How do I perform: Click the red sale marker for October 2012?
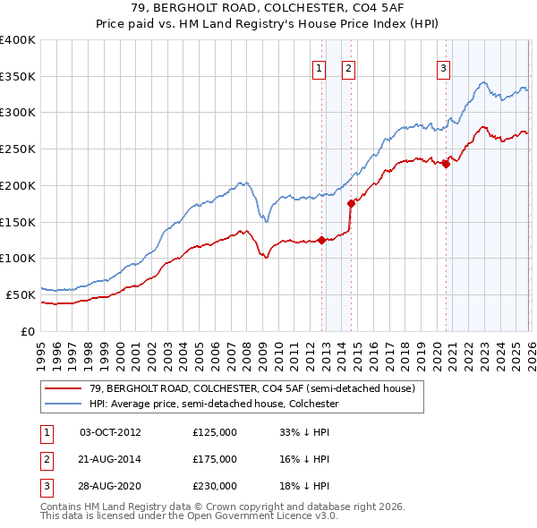[321, 240]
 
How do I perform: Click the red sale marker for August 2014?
[351, 203]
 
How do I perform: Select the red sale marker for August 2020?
[446, 163]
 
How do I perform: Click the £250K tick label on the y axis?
[18, 149]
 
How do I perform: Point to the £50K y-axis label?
[21, 294]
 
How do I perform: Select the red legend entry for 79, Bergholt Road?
[251, 389]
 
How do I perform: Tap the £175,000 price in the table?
[215, 460]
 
